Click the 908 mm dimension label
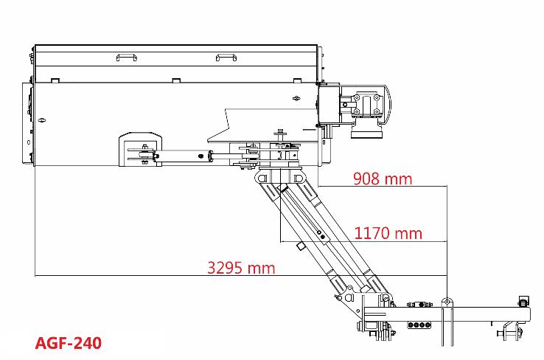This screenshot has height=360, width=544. [383, 179]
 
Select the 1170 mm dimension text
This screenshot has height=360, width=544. [388, 233]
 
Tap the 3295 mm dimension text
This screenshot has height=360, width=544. [241, 268]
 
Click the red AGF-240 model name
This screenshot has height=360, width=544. [69, 343]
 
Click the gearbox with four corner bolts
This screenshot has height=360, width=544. [366, 104]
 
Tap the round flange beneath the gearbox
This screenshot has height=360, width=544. [366, 131]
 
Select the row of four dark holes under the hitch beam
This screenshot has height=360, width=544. [419, 325]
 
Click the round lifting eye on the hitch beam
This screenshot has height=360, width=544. [447, 302]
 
